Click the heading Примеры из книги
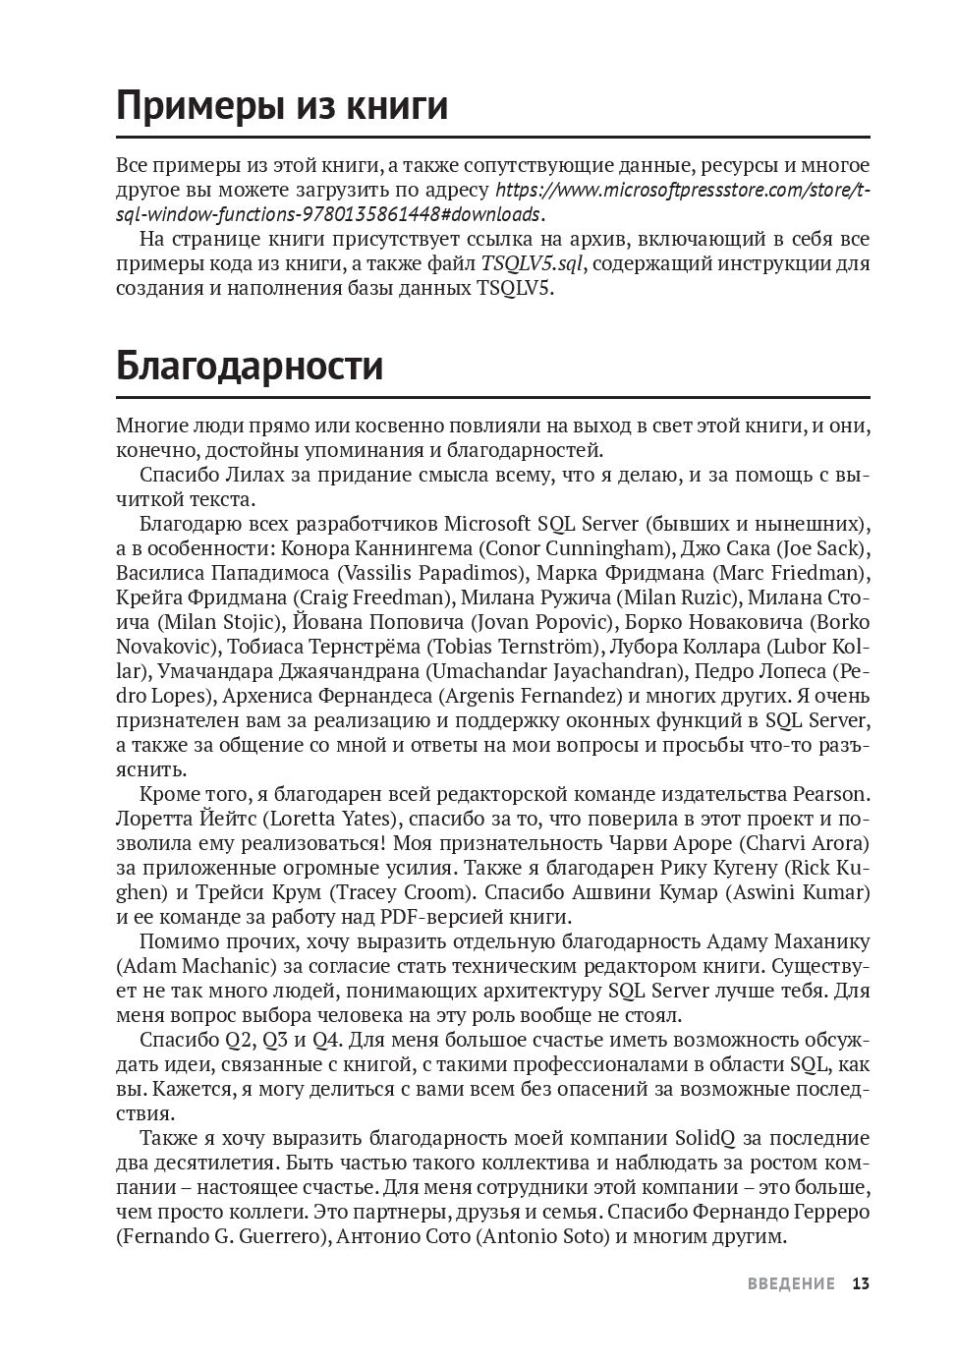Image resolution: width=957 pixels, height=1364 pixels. (282, 105)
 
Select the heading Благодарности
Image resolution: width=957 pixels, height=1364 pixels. (250, 366)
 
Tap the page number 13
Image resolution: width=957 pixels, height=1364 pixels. (861, 1283)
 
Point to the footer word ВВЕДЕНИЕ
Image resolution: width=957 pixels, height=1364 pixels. (791, 1283)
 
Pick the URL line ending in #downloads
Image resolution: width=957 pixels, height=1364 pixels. (328, 214)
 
